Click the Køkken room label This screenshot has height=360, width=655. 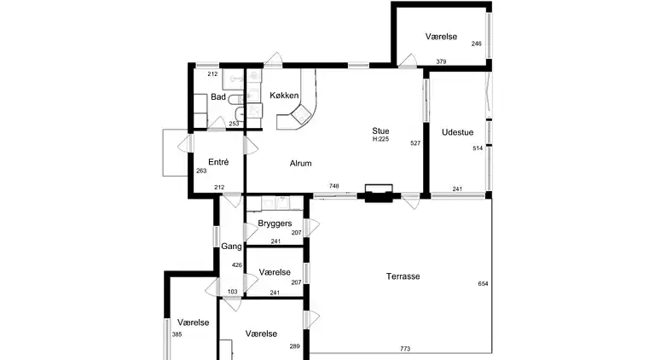tap(284, 96)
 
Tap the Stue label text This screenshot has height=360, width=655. tap(380, 131)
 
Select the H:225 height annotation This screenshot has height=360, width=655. tap(380, 139)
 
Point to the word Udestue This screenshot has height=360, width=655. tap(457, 132)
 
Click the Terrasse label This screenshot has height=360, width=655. tap(403, 276)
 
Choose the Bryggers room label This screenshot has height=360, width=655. tap(275, 224)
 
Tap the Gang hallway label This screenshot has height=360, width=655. tap(231, 247)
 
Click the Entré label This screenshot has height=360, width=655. tap(218, 162)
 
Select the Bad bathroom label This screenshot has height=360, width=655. tap(218, 97)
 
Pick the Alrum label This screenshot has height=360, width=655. tap(301, 163)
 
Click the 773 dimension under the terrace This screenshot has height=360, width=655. tap(405, 349)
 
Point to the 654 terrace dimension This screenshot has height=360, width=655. tap(483, 283)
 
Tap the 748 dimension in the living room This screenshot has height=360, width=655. tap(333, 186)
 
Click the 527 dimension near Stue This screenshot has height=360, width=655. tap(415, 143)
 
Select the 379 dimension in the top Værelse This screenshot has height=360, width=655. tap(441, 61)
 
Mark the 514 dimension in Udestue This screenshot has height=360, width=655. tap(478, 148)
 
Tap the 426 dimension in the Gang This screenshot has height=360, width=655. tap(237, 264)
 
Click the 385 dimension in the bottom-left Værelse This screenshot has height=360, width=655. tap(177, 334)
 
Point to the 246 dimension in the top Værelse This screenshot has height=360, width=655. tap(476, 44)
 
